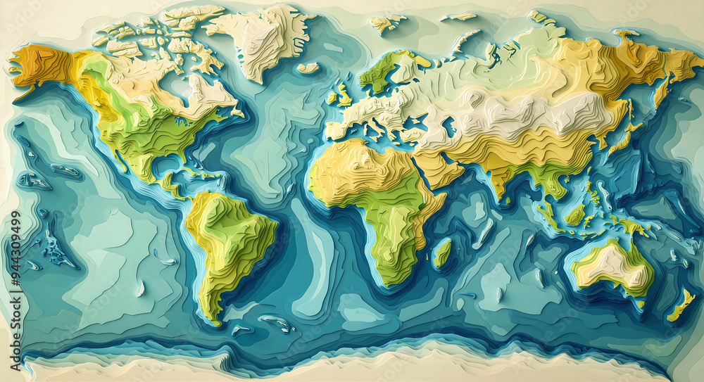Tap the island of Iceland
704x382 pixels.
pyautogui.click(x=308, y=68)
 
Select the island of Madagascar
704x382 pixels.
pyautogui.click(x=441, y=253)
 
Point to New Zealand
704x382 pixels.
pyautogui.click(x=680, y=307)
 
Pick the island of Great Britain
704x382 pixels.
pyautogui.click(x=344, y=96)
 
